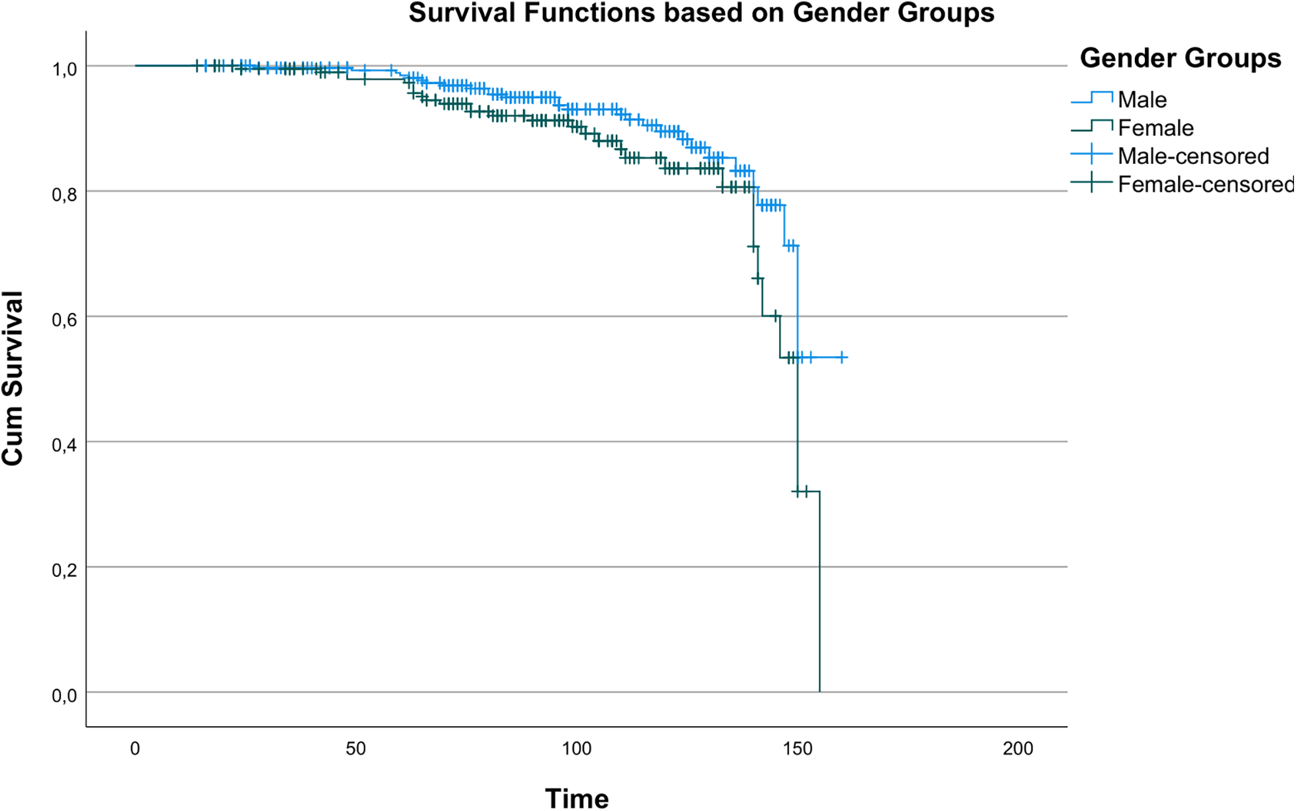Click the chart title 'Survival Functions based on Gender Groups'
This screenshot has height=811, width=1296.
pos(701,13)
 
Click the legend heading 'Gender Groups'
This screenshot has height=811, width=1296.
pos(1180,58)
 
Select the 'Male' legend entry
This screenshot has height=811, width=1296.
pos(1142,99)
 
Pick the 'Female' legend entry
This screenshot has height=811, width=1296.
pos(1155,128)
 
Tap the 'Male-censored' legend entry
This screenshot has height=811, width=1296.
pos(1193,156)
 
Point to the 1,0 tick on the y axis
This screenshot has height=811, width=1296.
pos(64,69)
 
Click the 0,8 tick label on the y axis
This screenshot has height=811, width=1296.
pos(64,194)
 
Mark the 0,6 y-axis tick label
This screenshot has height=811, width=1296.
pos(64,320)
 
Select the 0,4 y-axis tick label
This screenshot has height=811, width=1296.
pos(64,445)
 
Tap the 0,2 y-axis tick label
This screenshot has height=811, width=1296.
pos(64,570)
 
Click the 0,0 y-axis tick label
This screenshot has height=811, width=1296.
pos(64,696)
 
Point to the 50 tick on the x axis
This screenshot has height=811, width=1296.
pos(356,749)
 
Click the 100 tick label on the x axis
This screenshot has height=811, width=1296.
pos(577,749)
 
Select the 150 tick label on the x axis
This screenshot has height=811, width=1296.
pos(797,749)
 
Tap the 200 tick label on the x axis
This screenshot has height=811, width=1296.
pos(1018,749)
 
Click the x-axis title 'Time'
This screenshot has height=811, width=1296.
pos(577,798)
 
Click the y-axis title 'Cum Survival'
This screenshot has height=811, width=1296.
pos(13,378)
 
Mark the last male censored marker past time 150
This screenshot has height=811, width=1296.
pos(843,357)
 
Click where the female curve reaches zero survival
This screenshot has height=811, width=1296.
pos(820,692)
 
